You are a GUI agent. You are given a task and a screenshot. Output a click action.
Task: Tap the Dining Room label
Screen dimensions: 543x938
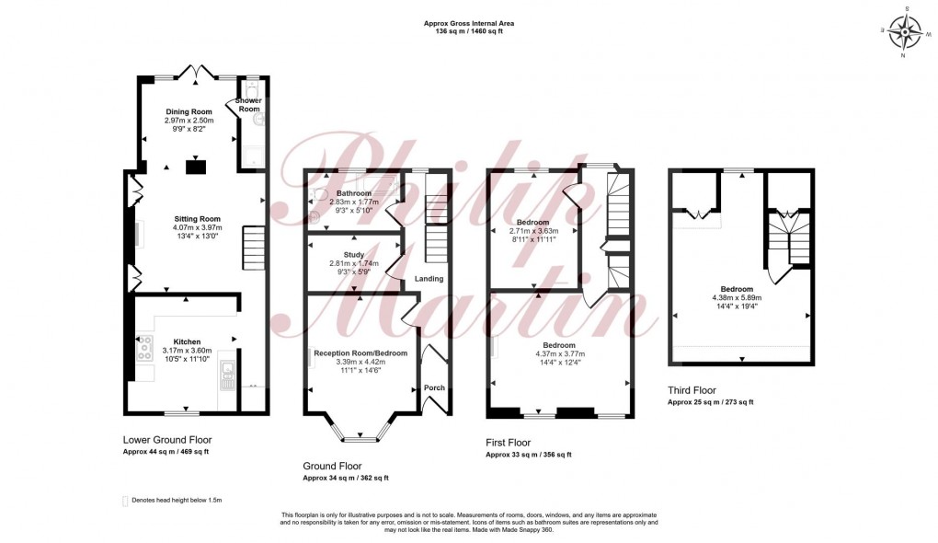point(189,111)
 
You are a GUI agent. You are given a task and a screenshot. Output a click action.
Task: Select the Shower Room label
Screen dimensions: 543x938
point(249,105)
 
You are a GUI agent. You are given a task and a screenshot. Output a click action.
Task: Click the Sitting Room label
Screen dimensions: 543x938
point(197,218)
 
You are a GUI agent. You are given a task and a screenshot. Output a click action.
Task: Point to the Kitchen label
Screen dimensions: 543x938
point(188,341)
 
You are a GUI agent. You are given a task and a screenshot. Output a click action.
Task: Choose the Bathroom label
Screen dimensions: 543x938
point(353,193)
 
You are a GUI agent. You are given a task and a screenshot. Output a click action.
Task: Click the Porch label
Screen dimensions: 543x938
point(434,387)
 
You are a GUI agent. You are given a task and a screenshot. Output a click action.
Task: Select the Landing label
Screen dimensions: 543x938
point(429,279)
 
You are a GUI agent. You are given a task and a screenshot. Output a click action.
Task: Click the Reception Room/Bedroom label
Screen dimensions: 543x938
point(360,352)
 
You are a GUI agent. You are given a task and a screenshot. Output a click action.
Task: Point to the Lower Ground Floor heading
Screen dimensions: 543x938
point(166,440)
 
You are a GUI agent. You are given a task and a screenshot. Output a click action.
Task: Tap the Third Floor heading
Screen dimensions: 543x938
point(692,390)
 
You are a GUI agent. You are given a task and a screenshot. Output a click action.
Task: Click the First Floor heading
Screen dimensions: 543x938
point(508,443)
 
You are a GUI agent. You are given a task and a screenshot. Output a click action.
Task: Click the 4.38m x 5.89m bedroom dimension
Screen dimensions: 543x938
point(737,297)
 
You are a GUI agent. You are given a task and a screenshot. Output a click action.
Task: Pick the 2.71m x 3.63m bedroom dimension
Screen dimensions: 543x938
point(533,231)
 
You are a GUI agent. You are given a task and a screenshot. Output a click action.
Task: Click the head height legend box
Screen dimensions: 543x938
point(125,500)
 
